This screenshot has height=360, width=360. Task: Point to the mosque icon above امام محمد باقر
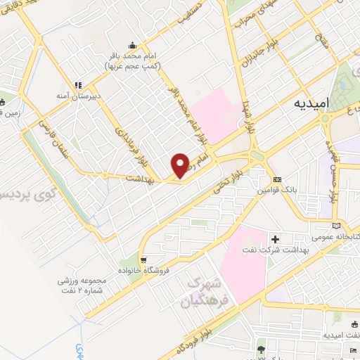coord(132,43)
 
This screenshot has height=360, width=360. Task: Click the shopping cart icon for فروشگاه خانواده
coord(143,258)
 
